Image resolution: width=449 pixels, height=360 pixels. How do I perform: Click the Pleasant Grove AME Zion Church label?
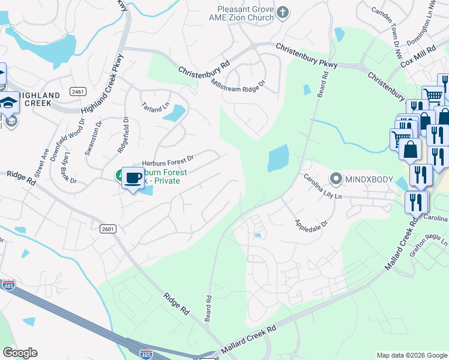pyautogui.click(x=246, y=13)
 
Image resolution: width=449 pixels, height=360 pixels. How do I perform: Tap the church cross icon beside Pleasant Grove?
pyautogui.click(x=283, y=12)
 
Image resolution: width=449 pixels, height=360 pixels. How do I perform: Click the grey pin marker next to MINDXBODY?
pyautogui.click(x=336, y=179)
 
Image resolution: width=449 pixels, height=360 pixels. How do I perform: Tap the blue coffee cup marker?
pyautogui.click(x=133, y=177)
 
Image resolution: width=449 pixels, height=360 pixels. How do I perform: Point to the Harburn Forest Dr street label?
pyautogui.click(x=167, y=161)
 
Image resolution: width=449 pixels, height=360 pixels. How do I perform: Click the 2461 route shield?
pyautogui.click(x=77, y=91)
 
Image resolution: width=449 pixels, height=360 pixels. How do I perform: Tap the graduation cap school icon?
pyautogui.click(x=10, y=100)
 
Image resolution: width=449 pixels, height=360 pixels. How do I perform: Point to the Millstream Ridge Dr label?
pyautogui.click(x=238, y=85)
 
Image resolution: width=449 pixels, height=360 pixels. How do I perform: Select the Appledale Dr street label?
pyautogui.click(x=311, y=226)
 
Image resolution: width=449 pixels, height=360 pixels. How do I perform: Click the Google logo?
pyautogui.click(x=20, y=353)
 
